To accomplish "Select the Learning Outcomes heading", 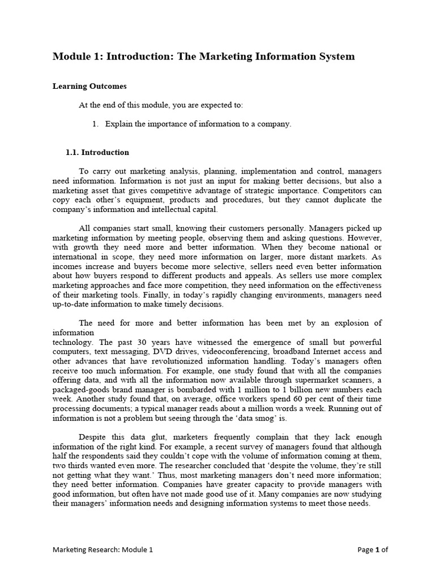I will click(x=89, y=87).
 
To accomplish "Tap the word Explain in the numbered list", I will click(x=118, y=124).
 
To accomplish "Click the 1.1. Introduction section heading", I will click(x=97, y=152).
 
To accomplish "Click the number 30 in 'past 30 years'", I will click(x=143, y=342).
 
